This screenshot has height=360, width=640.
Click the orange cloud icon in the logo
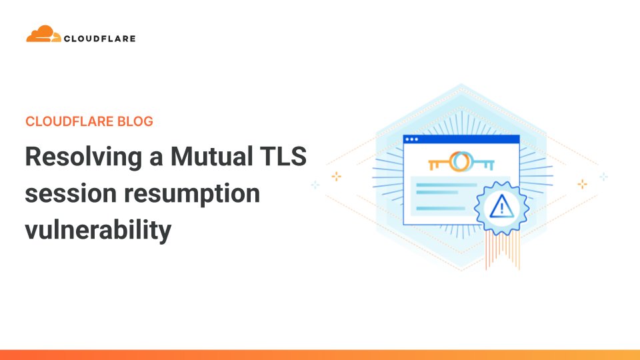pos(44,34)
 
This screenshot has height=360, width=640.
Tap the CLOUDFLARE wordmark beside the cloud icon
pos(99,39)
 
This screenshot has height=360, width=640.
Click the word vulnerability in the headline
pos(98,231)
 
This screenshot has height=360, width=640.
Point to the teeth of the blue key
pos(492,165)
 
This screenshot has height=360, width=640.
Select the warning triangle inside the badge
pos(498,208)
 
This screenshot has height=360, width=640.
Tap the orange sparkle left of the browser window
pos(337,176)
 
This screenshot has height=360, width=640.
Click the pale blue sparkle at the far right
pos(603,177)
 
